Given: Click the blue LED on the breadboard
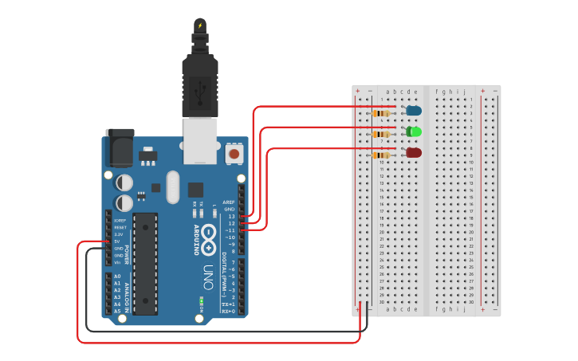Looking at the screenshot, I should point(414,110).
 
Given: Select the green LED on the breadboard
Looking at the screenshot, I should point(414,131).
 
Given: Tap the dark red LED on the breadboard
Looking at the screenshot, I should point(414,152).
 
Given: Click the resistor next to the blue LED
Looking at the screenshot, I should point(383,113).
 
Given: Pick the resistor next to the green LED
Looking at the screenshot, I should point(383,134).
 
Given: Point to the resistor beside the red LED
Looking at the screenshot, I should point(383,155).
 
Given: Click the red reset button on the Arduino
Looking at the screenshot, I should point(234,152).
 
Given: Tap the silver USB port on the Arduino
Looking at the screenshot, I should point(200,139).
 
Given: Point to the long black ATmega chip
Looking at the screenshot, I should point(145,263).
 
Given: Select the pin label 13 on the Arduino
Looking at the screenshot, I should point(231,216).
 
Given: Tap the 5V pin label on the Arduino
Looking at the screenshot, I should point(119,241).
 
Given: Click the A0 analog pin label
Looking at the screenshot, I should point(117,277).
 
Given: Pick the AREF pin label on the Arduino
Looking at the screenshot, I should point(229,202).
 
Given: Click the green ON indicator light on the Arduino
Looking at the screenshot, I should point(202,300).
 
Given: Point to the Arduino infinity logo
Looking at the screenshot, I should point(209,237).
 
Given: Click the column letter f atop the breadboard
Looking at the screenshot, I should point(436,92).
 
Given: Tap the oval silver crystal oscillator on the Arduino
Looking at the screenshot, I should point(173,186).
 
